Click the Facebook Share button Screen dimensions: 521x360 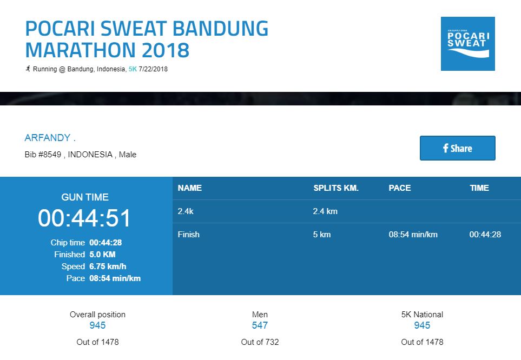point(458,148)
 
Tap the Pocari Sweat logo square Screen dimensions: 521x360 point(468,44)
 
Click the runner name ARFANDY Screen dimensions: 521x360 point(48,137)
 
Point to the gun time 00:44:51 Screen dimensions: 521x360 point(84,218)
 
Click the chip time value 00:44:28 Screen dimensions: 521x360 point(105,243)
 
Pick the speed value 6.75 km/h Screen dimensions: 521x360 point(108,266)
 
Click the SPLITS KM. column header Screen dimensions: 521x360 point(336,188)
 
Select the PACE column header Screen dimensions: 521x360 point(400,188)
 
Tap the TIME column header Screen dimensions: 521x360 point(479,188)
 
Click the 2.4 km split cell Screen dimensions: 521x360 point(325,211)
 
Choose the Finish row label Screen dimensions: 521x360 point(188,235)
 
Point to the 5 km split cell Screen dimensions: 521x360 point(322,235)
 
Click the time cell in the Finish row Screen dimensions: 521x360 point(485,235)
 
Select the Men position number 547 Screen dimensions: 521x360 point(260,325)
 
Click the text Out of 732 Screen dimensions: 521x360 point(260,342)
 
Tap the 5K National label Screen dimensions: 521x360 point(422,315)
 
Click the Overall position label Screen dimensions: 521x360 point(98,315)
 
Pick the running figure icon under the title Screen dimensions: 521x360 point(28,69)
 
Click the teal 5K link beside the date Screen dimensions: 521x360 point(133,69)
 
